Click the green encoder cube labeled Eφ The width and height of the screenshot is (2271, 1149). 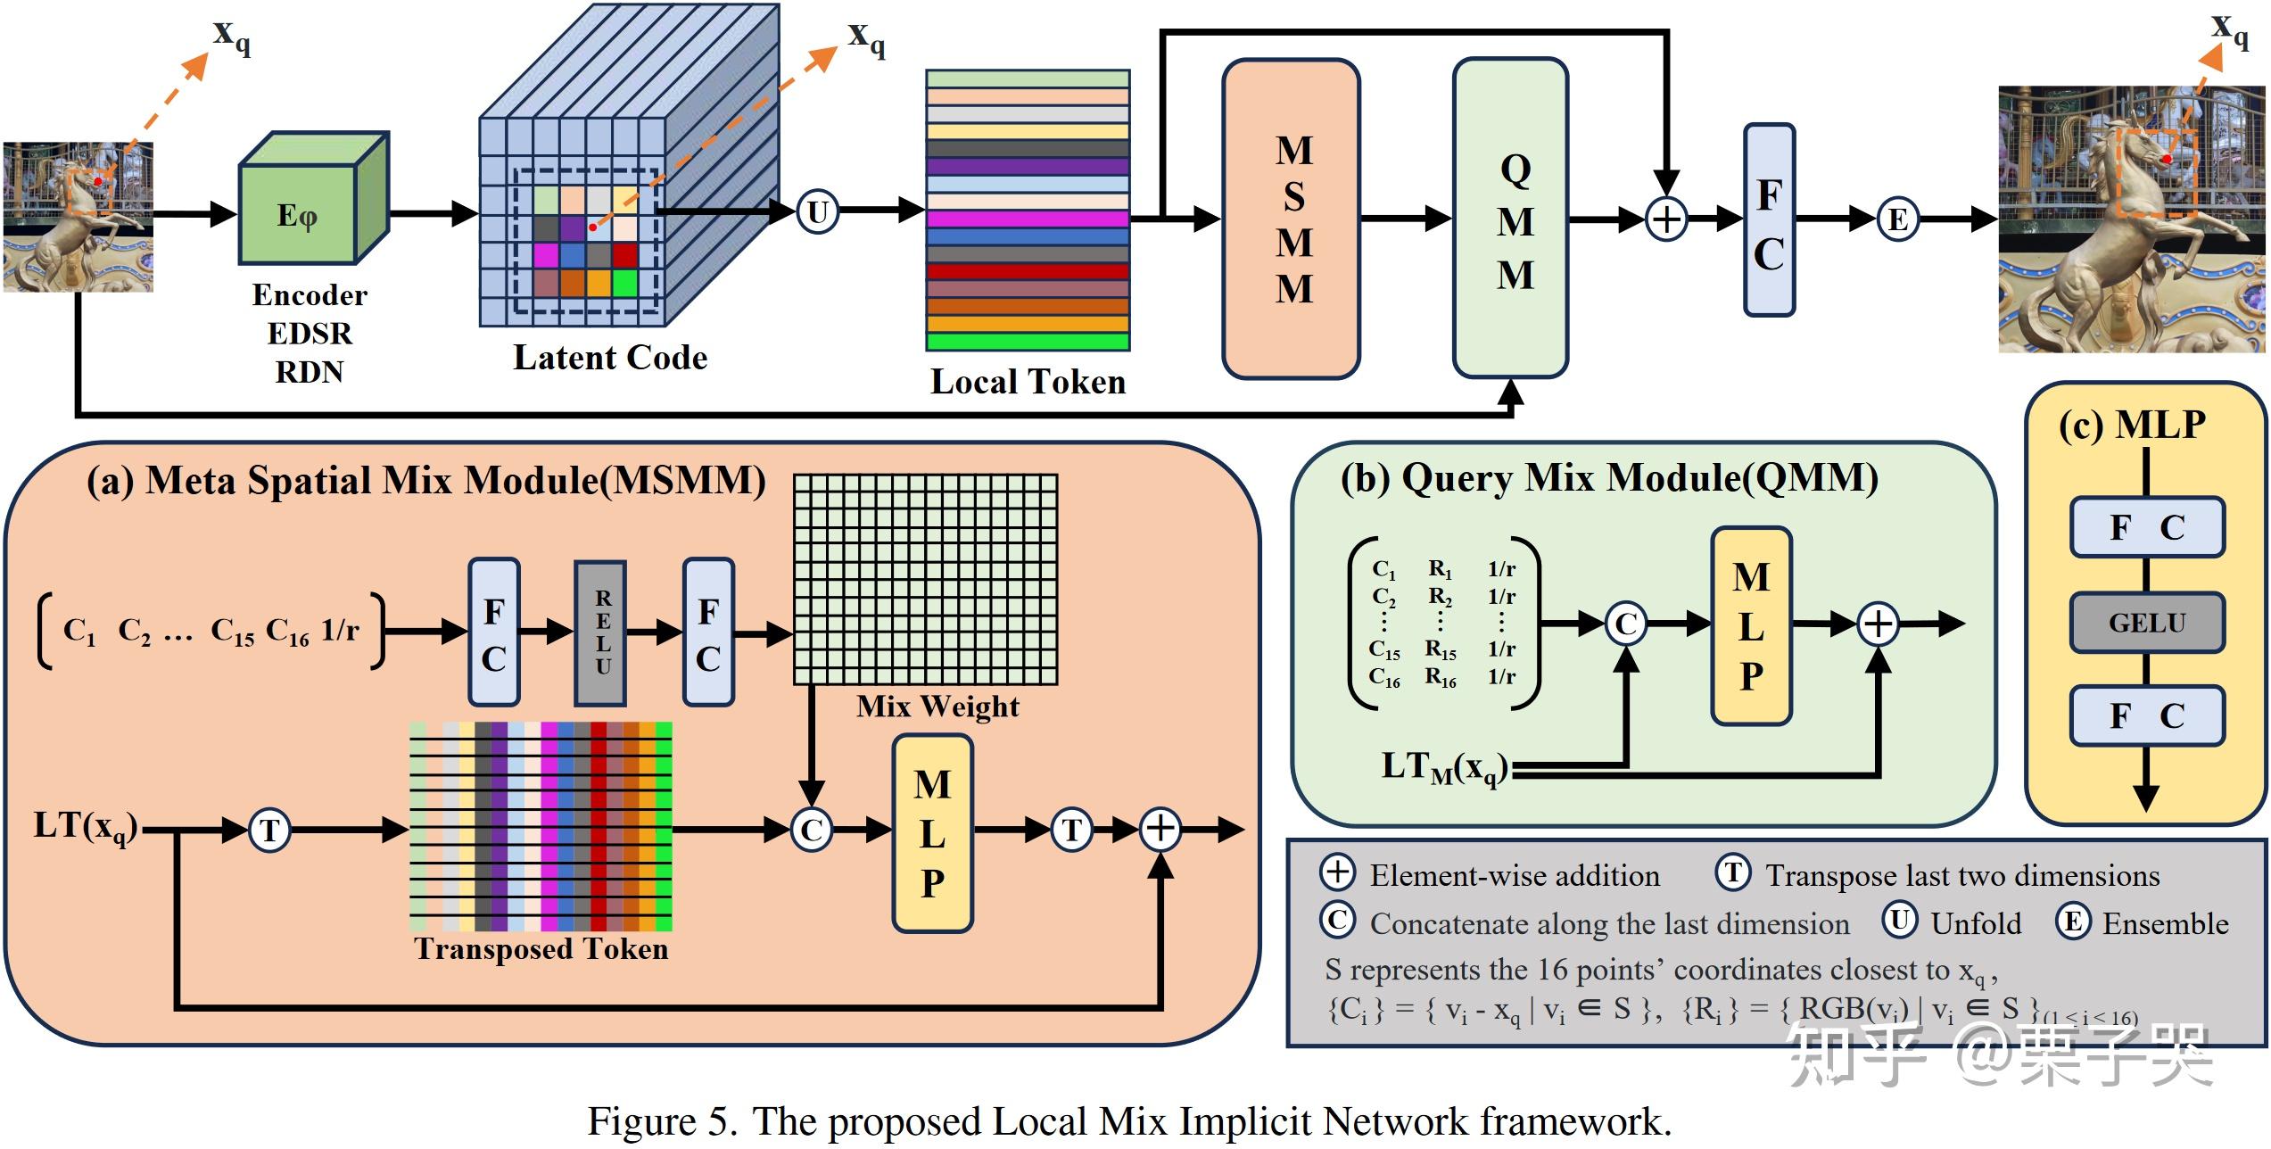tap(299, 214)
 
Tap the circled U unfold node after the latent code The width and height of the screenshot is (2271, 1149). tap(817, 212)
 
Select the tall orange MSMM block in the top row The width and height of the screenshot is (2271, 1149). tap(1292, 219)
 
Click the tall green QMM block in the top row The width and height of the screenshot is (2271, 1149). tap(1510, 219)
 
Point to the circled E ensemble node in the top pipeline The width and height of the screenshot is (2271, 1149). tap(1898, 219)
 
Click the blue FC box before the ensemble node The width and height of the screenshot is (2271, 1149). tap(1769, 219)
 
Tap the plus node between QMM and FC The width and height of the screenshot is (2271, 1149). tap(1666, 219)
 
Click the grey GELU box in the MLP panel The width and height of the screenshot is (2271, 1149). tap(2146, 623)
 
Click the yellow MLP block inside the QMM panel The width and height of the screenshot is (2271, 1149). tap(1751, 626)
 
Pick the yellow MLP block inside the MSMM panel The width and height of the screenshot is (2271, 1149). tap(932, 833)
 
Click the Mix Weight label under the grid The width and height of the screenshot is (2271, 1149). tap(937, 706)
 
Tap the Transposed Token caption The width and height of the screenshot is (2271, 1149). tap(541, 948)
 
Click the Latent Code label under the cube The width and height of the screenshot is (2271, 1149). tap(610, 358)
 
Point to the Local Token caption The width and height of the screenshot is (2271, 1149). tap(1028, 382)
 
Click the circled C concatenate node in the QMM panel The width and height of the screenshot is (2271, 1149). tap(1626, 624)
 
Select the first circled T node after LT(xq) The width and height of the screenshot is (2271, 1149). tap(268, 831)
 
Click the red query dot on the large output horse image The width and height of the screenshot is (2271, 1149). tap(2166, 159)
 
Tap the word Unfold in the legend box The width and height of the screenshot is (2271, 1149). tap(1976, 923)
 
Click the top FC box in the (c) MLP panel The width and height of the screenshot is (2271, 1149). tap(2146, 527)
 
